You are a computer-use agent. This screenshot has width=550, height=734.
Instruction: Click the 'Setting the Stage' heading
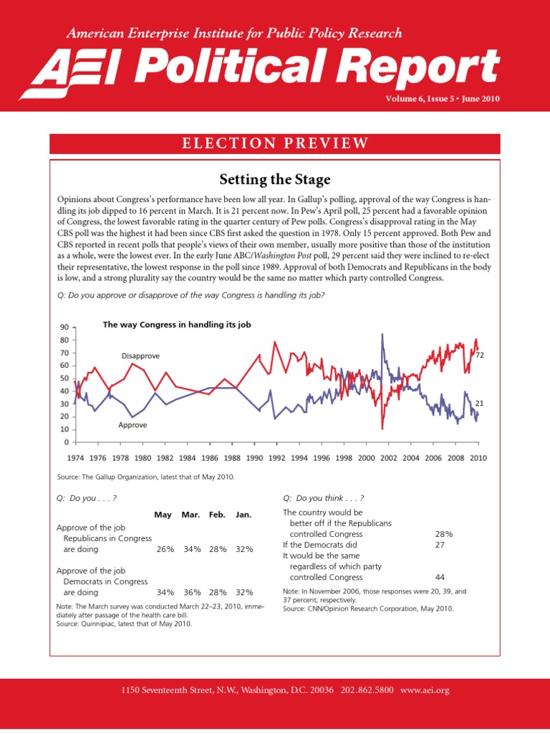pos(274,178)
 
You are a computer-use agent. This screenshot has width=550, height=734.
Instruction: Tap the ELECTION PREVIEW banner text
pos(274,143)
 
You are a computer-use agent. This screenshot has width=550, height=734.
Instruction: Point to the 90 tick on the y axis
pos(64,327)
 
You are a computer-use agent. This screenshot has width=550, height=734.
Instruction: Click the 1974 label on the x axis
pos(75,457)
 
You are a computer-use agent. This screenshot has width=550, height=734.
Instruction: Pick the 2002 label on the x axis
pos(388,457)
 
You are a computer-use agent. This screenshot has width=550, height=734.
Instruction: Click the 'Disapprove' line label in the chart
pos(140,356)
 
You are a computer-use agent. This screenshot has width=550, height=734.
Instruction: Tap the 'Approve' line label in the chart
pos(132,425)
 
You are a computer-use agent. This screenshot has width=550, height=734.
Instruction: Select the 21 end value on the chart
pos(480,404)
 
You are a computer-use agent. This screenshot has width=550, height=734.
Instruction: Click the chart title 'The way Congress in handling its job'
pos(177,325)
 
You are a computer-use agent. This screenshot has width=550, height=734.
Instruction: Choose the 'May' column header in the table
pos(163,515)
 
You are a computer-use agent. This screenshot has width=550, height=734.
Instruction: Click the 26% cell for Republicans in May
pos(165,549)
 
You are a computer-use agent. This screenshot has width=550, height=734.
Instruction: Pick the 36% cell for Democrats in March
pos(192,592)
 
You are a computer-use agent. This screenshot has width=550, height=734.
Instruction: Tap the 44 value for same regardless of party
pos(440,576)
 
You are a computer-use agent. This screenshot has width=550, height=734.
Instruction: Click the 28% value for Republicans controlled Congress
pos(443,534)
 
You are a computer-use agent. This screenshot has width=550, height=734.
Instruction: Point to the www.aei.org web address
pos(425,690)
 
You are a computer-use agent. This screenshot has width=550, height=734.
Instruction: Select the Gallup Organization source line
pos(145,477)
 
